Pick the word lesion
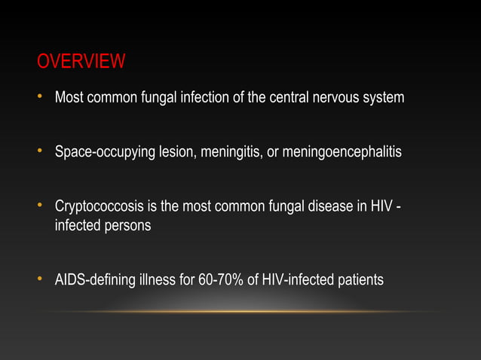[176, 153]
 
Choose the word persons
[126, 225]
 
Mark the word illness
[156, 281]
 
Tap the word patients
[359, 281]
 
